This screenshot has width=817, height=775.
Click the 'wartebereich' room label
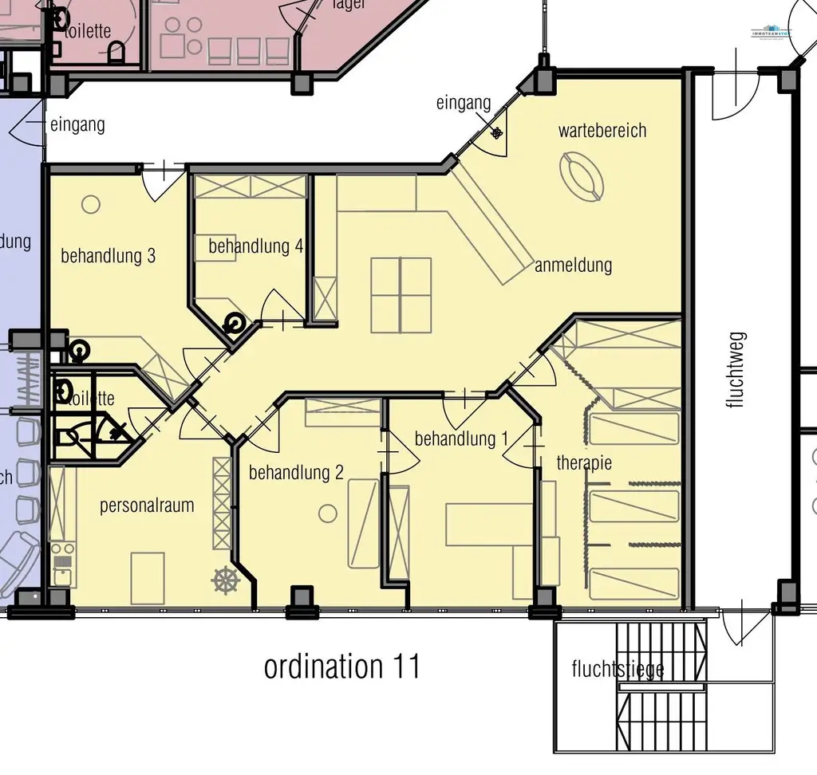602,131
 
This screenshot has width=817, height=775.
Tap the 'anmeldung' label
573,266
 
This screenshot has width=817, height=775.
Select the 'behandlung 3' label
108,256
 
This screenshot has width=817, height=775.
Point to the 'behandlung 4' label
255,246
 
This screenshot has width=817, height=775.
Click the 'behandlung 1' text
461,439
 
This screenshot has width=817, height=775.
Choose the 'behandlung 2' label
296,472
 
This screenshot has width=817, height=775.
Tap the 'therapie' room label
584,462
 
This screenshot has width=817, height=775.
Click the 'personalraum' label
147,506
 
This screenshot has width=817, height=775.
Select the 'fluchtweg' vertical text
735,370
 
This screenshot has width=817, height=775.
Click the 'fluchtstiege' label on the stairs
618,668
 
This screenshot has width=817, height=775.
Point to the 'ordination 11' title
341,667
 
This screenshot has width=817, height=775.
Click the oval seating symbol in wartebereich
582,176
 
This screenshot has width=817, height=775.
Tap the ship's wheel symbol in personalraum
226,580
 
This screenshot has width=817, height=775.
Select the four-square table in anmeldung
401,294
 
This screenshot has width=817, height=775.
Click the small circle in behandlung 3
91,204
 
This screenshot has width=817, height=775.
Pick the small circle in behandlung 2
328,513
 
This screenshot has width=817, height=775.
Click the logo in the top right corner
772,33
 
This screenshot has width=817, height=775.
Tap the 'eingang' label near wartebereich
464,103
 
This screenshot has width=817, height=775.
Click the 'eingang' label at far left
77,124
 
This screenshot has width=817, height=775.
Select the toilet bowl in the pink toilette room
117,53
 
